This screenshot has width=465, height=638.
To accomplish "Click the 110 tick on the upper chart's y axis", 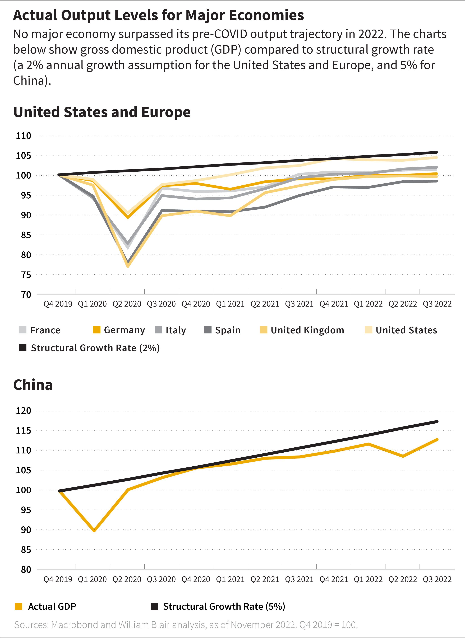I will pos(24,136).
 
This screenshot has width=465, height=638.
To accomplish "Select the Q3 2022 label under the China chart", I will pos(437,579).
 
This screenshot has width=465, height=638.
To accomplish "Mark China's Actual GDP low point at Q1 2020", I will pos(94,531).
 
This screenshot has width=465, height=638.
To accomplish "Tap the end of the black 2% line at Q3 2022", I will pos(437,152).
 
